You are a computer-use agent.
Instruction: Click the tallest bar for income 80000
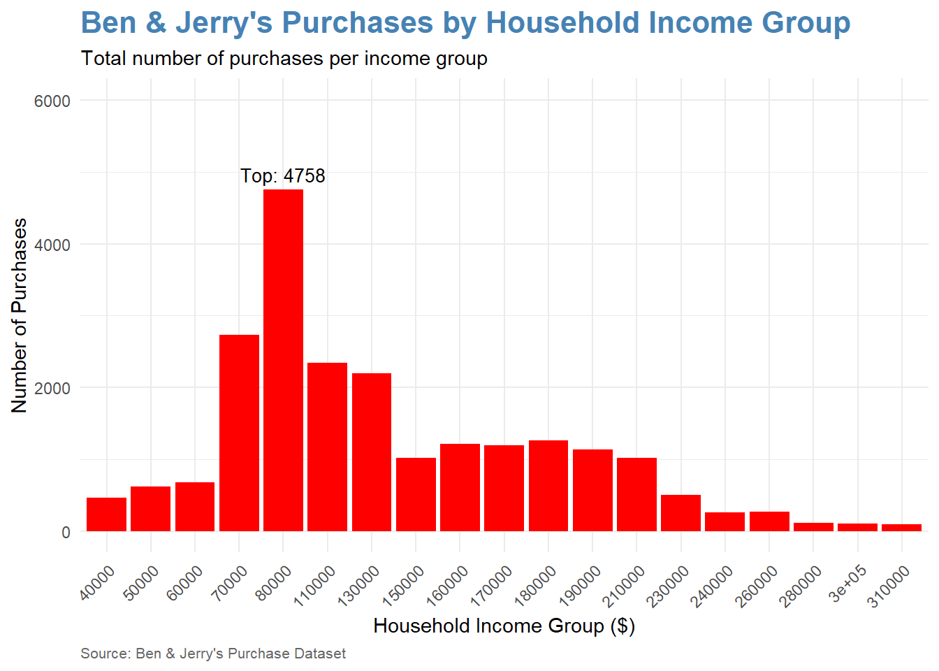coord(283,360)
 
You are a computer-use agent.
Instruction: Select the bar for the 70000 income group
coord(239,433)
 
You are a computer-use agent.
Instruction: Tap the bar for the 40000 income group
coord(106,514)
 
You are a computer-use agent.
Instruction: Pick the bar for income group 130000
coord(372,452)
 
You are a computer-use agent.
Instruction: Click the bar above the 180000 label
coord(548,486)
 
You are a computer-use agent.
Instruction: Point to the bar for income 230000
coord(680,513)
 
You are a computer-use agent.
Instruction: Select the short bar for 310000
coord(901,528)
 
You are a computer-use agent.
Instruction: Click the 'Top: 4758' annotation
coord(283,175)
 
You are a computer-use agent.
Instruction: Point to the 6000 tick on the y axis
coord(52,101)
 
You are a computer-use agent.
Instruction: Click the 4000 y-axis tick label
coord(52,245)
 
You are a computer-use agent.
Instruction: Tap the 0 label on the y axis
coord(66,533)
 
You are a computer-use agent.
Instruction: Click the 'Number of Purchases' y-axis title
coord(20,315)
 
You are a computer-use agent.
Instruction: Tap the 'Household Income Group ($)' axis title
coord(504,626)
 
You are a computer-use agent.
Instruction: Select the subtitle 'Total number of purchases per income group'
coord(284,58)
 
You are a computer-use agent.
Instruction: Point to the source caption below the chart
coord(213,654)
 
